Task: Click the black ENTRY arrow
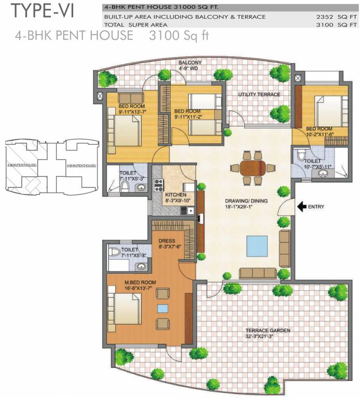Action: click(301, 207)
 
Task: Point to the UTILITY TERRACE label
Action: click(259, 94)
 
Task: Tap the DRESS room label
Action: click(168, 240)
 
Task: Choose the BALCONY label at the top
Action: click(190, 63)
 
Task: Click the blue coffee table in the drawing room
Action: click(257, 246)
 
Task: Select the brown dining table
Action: click(252, 167)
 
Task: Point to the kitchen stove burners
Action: click(158, 185)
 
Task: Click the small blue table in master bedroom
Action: click(163, 308)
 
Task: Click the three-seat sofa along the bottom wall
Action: click(257, 273)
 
